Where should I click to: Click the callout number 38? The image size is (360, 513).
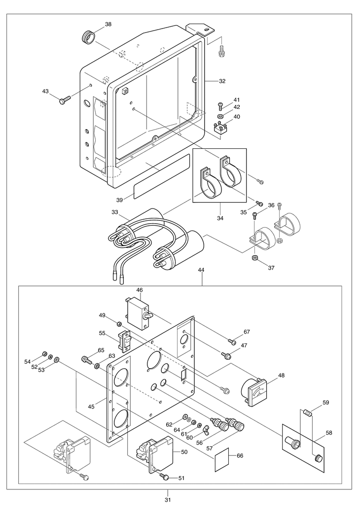tap(108, 24)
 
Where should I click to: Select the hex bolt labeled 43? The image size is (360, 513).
tap(65, 100)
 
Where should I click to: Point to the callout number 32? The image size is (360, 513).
tap(222, 81)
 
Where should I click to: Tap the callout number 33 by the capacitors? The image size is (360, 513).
tap(114, 212)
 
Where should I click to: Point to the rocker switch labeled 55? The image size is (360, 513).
tap(125, 340)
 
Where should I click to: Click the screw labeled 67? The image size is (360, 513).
tap(232, 342)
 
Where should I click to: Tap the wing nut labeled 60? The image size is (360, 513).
tap(207, 429)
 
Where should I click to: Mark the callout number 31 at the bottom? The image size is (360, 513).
tap(168, 500)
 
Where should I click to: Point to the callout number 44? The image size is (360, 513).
tap(201, 270)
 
